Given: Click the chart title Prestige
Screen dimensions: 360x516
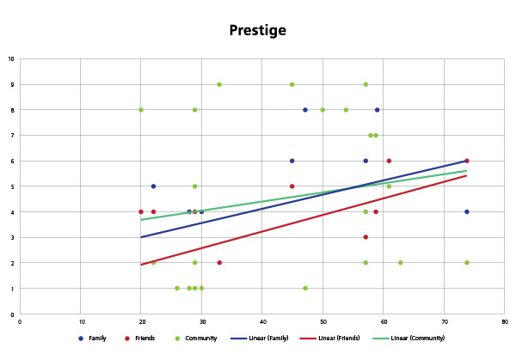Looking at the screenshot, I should click(257, 31).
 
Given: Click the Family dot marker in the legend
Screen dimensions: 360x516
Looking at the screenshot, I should click(80, 338).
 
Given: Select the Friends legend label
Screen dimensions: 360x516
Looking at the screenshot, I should click(145, 338).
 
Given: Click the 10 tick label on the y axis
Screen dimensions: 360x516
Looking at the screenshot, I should click(10, 59).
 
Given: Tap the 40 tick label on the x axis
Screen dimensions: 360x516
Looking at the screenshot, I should click(262, 322).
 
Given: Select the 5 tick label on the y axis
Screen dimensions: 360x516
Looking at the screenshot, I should click(12, 186).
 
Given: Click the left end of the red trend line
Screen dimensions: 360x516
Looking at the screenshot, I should click(141, 265).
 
